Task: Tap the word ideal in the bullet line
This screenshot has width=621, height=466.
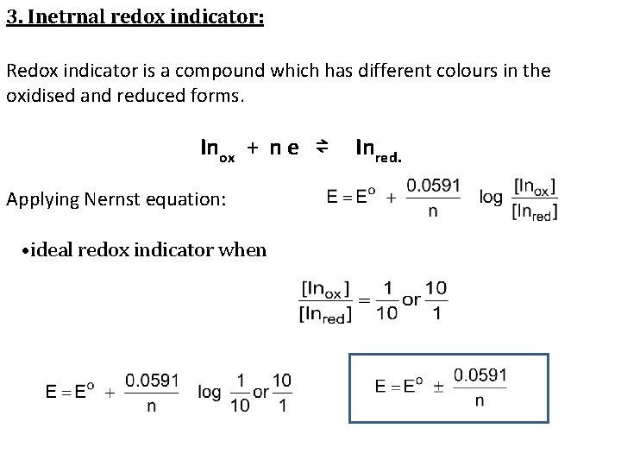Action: (53, 250)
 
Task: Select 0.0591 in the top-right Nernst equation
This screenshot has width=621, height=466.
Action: (433, 185)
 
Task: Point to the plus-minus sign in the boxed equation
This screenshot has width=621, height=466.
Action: (439, 387)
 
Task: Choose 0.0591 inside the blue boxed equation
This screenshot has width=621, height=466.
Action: (480, 375)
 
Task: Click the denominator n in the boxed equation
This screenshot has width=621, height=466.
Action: (480, 400)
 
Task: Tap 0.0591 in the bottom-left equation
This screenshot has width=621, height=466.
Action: (152, 380)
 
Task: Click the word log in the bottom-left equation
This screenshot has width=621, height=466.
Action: (210, 393)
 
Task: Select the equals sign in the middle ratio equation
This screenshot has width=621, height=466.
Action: (364, 299)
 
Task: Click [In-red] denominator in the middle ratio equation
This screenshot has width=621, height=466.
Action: (325, 314)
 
